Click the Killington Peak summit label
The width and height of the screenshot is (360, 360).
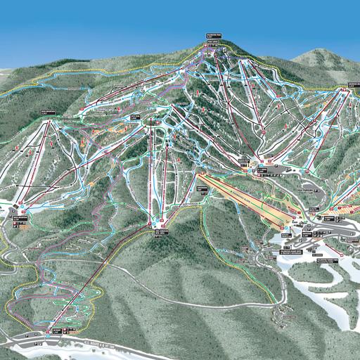click(214, 33)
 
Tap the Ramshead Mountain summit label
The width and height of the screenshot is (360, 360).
click(48, 111)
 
